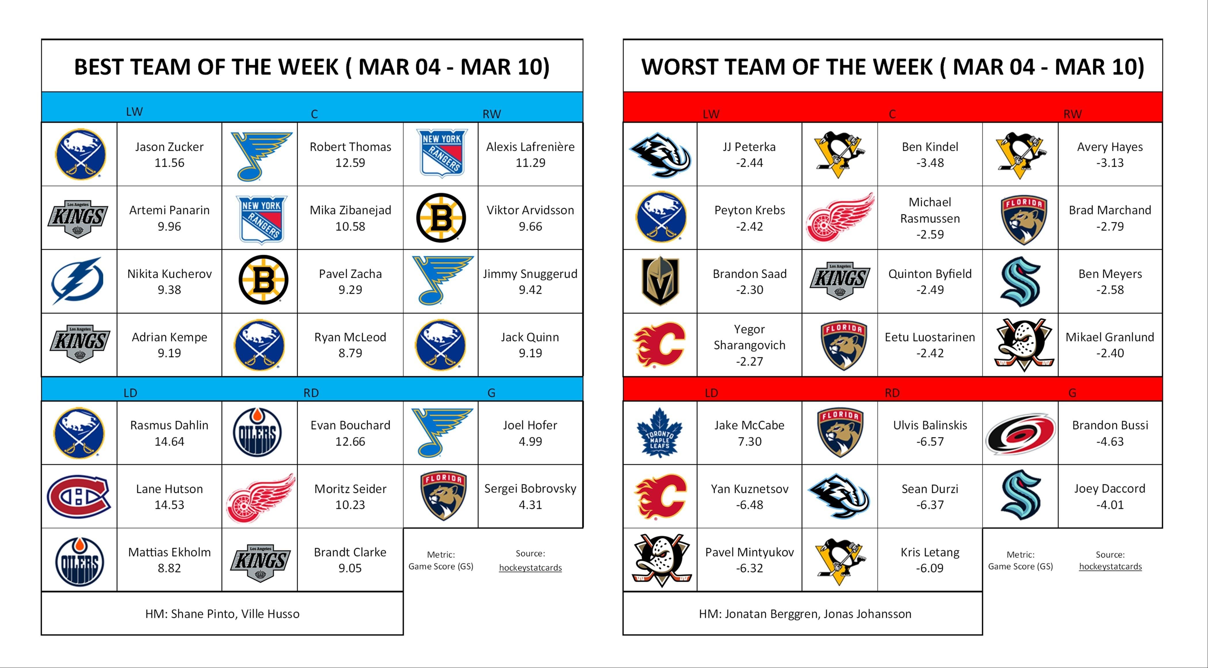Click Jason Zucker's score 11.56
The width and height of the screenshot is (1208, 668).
tap(169, 163)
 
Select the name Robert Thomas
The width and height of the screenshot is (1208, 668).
tap(350, 147)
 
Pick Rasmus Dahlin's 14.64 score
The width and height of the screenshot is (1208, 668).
tap(169, 442)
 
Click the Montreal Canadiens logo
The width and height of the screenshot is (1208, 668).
tap(79, 496)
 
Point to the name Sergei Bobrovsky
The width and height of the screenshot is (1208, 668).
tap(530, 489)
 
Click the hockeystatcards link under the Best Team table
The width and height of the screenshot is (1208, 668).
tap(530, 568)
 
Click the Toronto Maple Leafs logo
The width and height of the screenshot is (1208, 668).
tap(659, 433)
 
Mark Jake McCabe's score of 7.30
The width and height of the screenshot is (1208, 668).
tap(749, 442)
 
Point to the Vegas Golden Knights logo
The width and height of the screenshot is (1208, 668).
tap(660, 281)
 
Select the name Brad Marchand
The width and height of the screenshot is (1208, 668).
tap(1110, 210)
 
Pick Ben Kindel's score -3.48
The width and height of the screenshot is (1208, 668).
tap(930, 163)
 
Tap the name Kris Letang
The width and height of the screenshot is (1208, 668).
tap(930, 552)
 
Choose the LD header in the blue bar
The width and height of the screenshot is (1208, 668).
tap(130, 393)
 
